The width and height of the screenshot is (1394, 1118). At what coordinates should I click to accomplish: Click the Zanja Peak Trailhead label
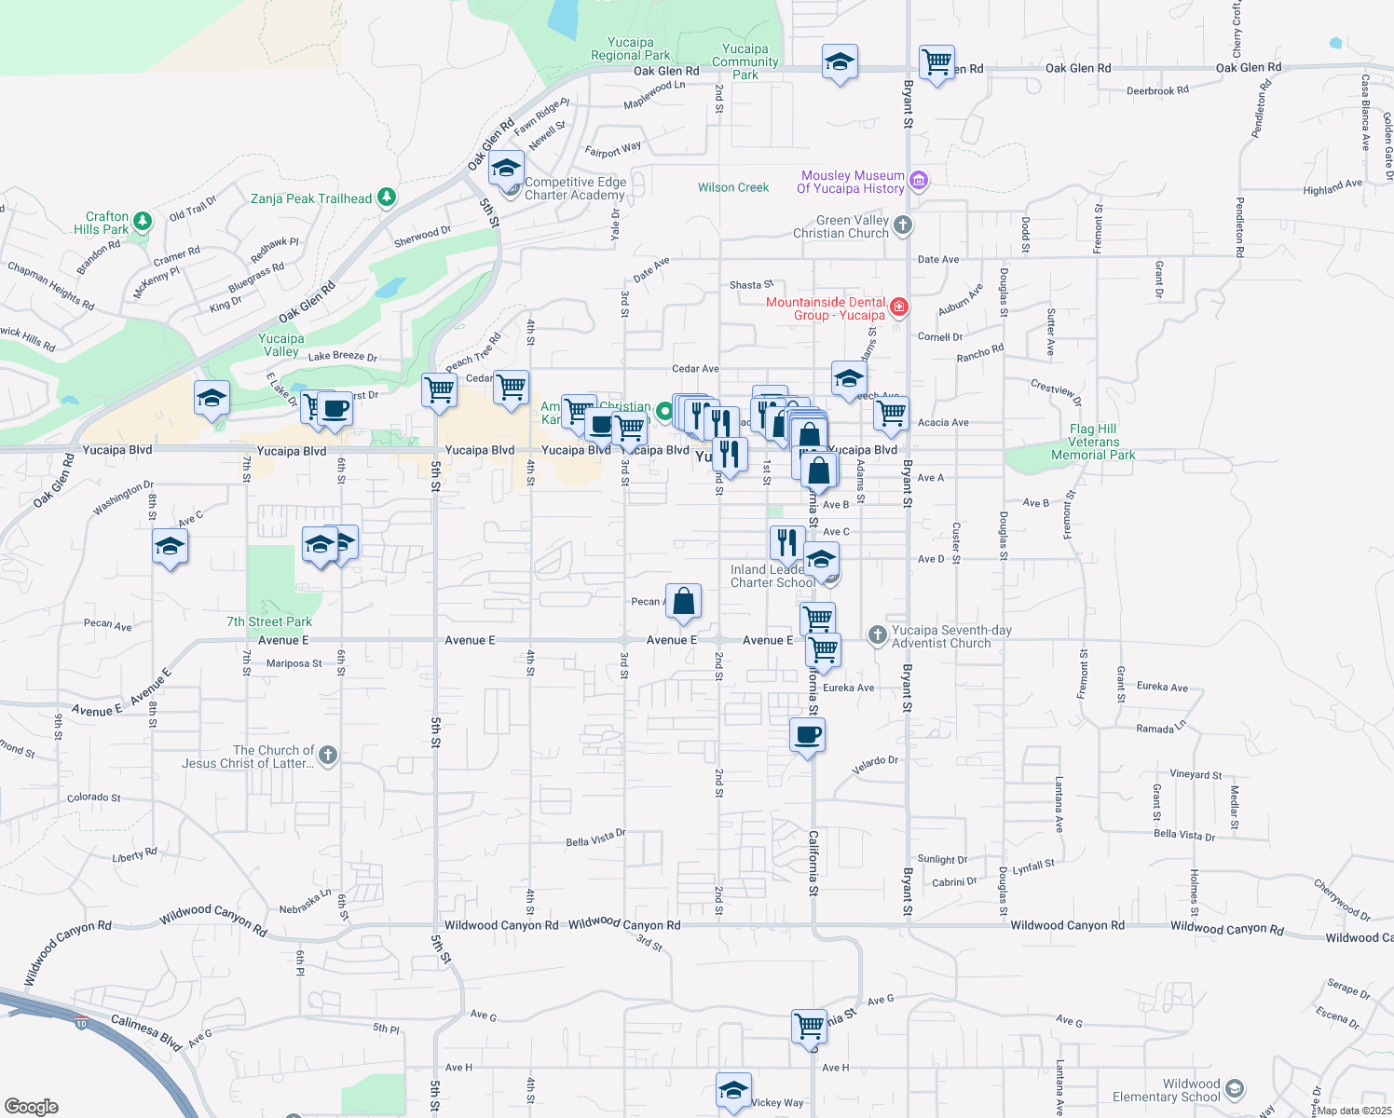311,198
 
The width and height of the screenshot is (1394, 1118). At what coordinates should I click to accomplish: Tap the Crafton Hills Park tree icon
143,221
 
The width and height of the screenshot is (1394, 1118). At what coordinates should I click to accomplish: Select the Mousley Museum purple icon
919,180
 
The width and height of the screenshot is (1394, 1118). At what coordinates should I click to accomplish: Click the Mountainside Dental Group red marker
899,307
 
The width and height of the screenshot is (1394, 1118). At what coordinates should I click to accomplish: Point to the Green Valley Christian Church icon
902,225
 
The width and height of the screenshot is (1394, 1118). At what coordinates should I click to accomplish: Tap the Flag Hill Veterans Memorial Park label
1093,443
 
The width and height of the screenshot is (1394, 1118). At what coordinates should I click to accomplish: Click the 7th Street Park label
269,621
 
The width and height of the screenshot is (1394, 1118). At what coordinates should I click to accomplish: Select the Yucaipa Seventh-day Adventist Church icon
877,635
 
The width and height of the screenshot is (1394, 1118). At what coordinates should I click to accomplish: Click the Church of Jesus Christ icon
328,756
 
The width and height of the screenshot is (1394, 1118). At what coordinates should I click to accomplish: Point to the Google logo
32,1106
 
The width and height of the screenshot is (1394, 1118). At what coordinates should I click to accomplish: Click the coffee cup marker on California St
807,735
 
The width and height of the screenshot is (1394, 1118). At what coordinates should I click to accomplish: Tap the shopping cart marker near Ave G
809,1026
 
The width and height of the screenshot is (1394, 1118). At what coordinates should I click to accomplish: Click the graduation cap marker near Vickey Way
733,1090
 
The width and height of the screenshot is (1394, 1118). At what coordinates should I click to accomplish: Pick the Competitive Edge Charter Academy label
575,188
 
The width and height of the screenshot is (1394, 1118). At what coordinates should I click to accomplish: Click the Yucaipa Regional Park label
631,48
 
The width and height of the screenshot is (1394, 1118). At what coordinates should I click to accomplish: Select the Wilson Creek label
733,187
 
